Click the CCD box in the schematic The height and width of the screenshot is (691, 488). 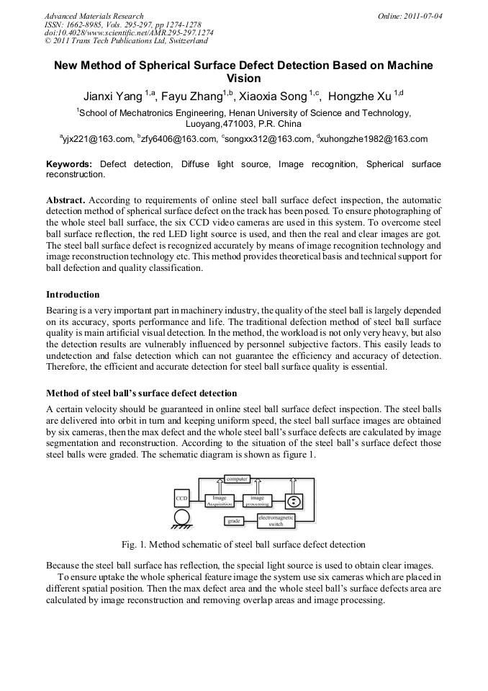coord(182,498)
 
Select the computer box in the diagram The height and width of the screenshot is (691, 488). coord(237,478)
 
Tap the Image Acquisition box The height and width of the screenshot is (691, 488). coord(220,501)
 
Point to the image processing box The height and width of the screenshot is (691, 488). coord(256,501)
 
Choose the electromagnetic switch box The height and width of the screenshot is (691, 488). coord(276,521)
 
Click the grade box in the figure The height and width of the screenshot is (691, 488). coord(233,520)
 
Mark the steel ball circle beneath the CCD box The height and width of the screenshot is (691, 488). coord(182,517)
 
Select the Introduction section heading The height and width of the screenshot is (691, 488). coord(73,294)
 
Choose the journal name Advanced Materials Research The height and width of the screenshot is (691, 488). coord(94,16)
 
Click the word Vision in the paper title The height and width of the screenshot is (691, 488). coord(243,78)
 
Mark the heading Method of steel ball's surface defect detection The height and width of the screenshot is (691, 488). coord(141,393)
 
